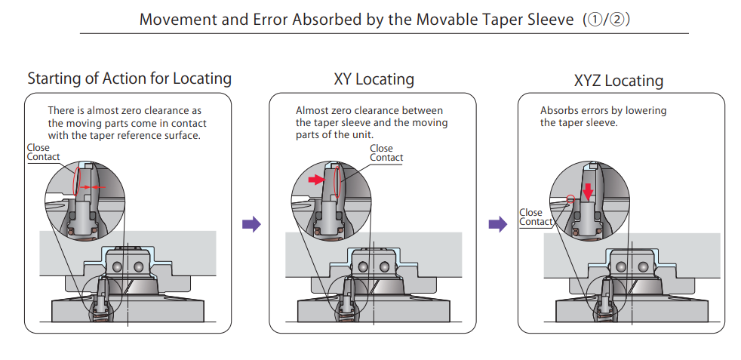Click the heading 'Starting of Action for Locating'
coord(129,78)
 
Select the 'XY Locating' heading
coord(374,79)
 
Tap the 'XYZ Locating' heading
coord(618,81)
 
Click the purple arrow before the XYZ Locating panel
coord(497,223)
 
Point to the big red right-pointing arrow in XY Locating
coord(315,180)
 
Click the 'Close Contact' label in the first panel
coord(43,152)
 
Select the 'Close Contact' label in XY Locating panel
coord(386,153)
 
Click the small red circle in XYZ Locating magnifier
coord(570,199)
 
